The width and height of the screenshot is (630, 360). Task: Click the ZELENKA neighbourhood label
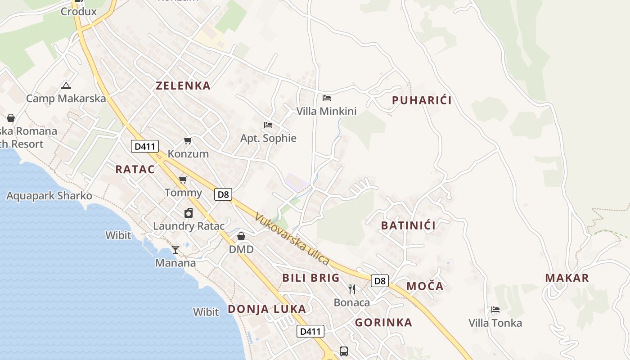pos(183,85)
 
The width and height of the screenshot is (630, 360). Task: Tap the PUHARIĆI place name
pos(422,100)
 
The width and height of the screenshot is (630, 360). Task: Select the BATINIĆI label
pos(408,225)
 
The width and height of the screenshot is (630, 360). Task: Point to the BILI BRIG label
pos(311,278)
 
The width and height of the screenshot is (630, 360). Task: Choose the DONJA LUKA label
pos(267,309)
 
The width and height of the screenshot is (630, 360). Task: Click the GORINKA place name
pos(383,322)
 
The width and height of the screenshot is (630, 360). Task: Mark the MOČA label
pos(425,286)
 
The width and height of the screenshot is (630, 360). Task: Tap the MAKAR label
pos(567,278)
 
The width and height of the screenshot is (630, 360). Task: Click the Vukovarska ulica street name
pos(292,238)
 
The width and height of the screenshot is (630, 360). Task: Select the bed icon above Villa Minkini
pos(327,98)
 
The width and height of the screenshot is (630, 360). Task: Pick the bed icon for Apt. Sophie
pos(268,125)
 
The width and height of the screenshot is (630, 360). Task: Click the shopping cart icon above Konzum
pos(188,141)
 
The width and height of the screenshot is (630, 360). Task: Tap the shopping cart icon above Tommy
pos(183,180)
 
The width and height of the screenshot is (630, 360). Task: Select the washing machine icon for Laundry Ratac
pos(189,213)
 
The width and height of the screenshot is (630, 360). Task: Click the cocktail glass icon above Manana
pos(175,249)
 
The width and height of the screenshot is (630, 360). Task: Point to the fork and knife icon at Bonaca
pos(352,289)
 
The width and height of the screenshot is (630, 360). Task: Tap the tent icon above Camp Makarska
pos(66,85)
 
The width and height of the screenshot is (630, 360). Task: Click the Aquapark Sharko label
pos(49,196)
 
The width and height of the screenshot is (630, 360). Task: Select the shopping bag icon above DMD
pos(241,236)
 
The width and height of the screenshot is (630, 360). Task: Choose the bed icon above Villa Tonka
pos(495,310)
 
